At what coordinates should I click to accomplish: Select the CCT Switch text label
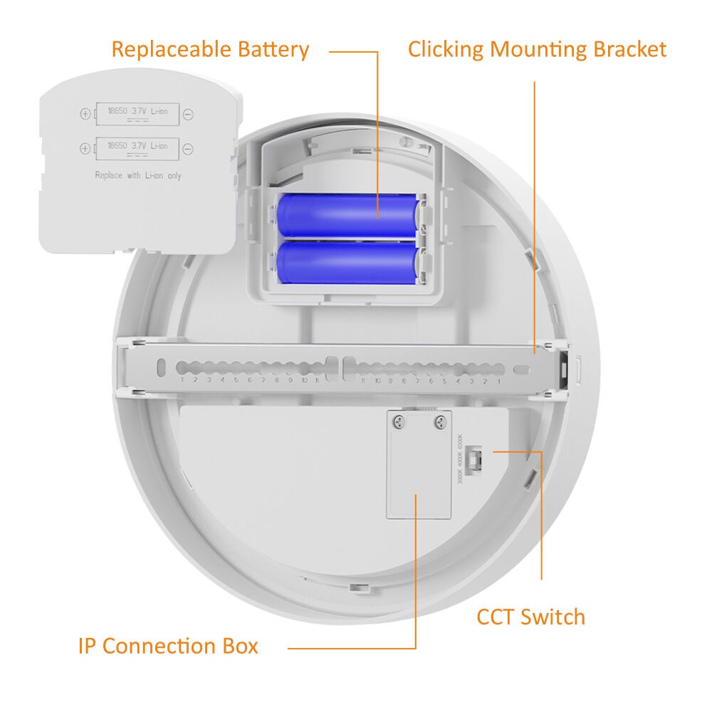pos(530,617)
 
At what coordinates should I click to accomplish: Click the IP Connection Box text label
pos(168,646)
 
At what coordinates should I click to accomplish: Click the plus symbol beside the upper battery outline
pos(85,113)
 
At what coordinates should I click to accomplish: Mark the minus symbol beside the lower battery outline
pos(188,148)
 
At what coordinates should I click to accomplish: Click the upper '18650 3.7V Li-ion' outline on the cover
pos(137,112)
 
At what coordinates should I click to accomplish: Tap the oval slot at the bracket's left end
pos(162,367)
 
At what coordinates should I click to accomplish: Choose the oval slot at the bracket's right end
pos(522,370)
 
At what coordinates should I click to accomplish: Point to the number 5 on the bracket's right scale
pos(444,381)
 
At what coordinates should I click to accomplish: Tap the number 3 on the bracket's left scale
pos(209,380)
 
